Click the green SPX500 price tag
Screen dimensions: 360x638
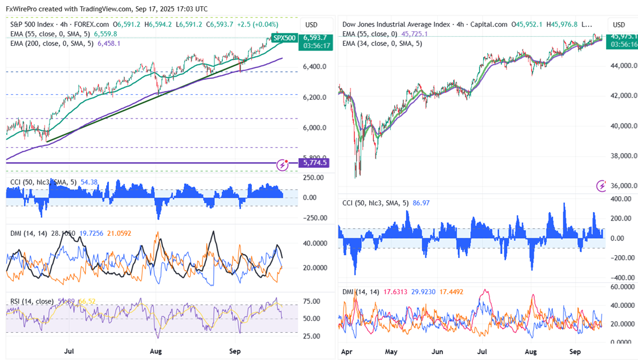[x=284, y=38]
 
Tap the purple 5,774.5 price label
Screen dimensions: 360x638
[x=315, y=163]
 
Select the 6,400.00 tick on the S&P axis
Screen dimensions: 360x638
[x=314, y=66]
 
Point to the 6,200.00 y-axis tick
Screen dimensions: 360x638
[x=314, y=97]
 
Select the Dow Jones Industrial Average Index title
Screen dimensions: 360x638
[x=396, y=24]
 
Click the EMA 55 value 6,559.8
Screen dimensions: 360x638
[x=105, y=34]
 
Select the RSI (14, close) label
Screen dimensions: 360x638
[x=32, y=301]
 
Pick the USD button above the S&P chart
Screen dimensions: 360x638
[x=311, y=25]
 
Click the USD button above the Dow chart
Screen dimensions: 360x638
[x=619, y=25]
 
